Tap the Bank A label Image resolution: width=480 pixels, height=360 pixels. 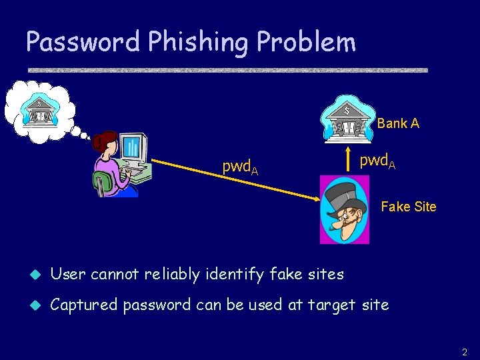coord(398,123)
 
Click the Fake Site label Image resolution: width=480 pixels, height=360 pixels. coord(408,207)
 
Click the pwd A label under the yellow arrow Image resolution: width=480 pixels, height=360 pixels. coord(240,168)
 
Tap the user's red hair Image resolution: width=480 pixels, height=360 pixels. coord(103,141)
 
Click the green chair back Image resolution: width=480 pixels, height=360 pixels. coord(101,183)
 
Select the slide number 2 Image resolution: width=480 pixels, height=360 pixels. coord(465,351)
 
